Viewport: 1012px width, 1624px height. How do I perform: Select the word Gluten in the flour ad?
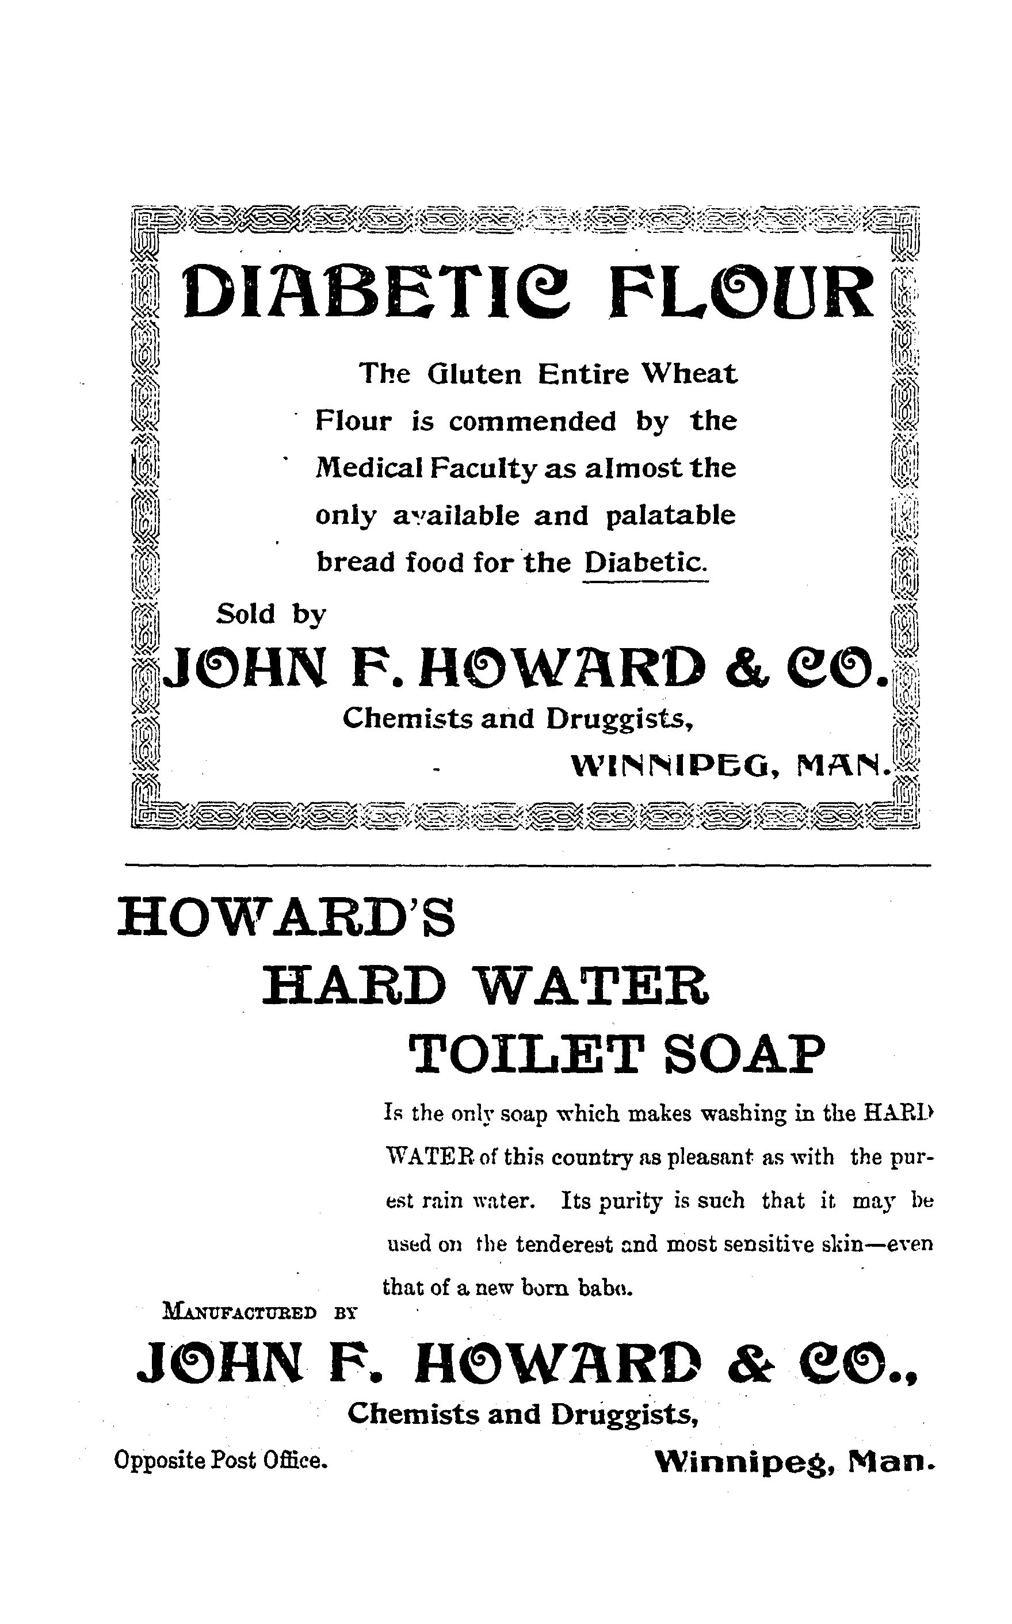[x=474, y=373]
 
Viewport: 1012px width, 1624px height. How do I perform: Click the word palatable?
[x=670, y=516]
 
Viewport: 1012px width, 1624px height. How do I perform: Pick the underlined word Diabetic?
[x=644, y=562]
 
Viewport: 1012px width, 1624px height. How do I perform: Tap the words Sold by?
[x=270, y=614]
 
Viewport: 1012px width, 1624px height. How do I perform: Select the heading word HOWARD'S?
[x=286, y=918]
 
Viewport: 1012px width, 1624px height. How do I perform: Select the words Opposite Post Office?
[x=221, y=1459]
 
